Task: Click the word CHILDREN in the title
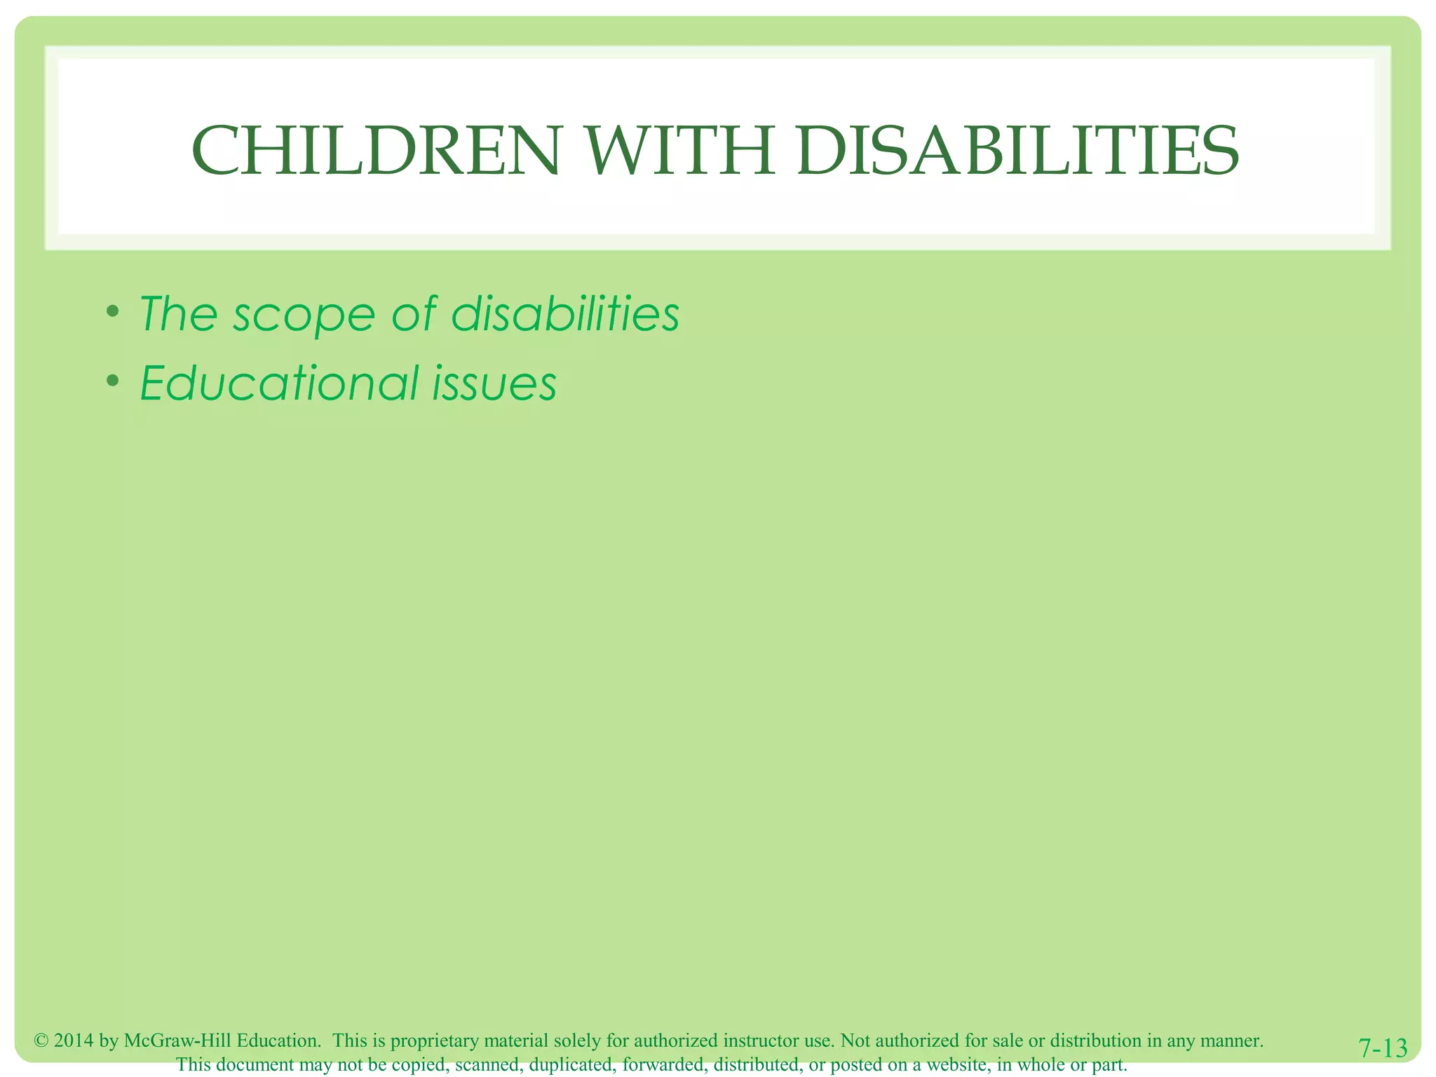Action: click(376, 151)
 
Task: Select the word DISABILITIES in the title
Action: click(1017, 151)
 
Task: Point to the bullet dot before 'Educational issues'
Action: click(112, 381)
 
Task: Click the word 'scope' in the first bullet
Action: click(304, 316)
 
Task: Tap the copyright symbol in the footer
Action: click(41, 1041)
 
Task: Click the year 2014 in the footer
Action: click(74, 1041)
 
